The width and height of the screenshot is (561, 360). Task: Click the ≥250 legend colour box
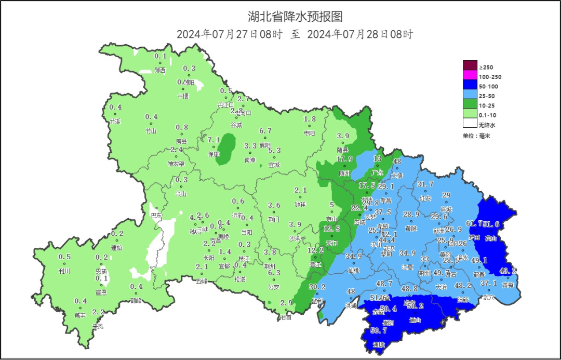coord(470,65)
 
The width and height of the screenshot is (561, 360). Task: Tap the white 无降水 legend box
coord(470,124)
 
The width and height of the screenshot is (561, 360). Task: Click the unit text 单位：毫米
coord(477,136)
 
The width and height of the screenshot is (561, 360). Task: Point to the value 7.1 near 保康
coord(213,140)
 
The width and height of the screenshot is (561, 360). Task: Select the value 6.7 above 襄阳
coord(265,131)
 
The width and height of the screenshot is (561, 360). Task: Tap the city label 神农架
coord(176,164)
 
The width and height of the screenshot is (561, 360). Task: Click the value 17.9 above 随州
coord(344,159)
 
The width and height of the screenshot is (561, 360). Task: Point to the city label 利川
coord(64,271)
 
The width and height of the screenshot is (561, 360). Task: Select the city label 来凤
coord(98,326)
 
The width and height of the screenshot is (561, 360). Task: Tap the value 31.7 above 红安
coord(425,184)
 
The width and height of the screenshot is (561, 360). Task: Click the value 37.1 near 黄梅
coord(488,284)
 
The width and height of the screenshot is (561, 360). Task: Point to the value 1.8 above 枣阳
coord(310,119)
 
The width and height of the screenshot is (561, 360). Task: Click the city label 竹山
coord(151,131)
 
